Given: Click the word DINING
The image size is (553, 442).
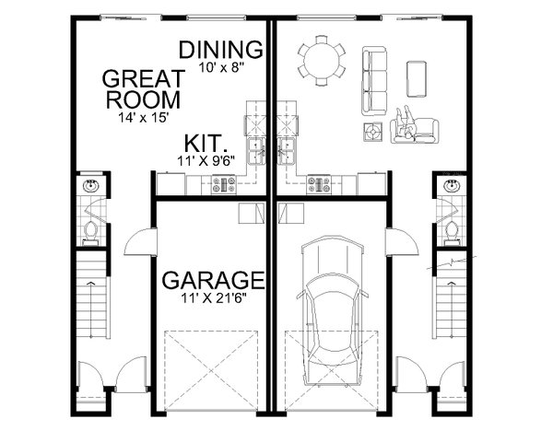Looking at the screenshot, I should tap(221, 49).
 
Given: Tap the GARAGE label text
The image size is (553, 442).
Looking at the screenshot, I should tap(214, 279).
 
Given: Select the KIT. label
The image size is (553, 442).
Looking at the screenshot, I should tap(206, 144).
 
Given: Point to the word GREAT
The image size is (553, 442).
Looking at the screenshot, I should tap(141, 77).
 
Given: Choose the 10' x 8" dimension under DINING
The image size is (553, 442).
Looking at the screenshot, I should tap(221, 66).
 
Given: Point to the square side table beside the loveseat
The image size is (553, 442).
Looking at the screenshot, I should tap(373, 131).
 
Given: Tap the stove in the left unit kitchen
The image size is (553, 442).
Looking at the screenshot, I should tap(224, 185).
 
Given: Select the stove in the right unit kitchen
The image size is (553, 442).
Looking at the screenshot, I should tap(320, 185).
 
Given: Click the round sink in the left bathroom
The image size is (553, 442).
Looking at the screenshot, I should tap(91, 187).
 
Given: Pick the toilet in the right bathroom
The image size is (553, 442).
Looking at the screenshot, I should tap(451, 228).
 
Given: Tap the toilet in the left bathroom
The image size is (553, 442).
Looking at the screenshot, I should tap(91, 228).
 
